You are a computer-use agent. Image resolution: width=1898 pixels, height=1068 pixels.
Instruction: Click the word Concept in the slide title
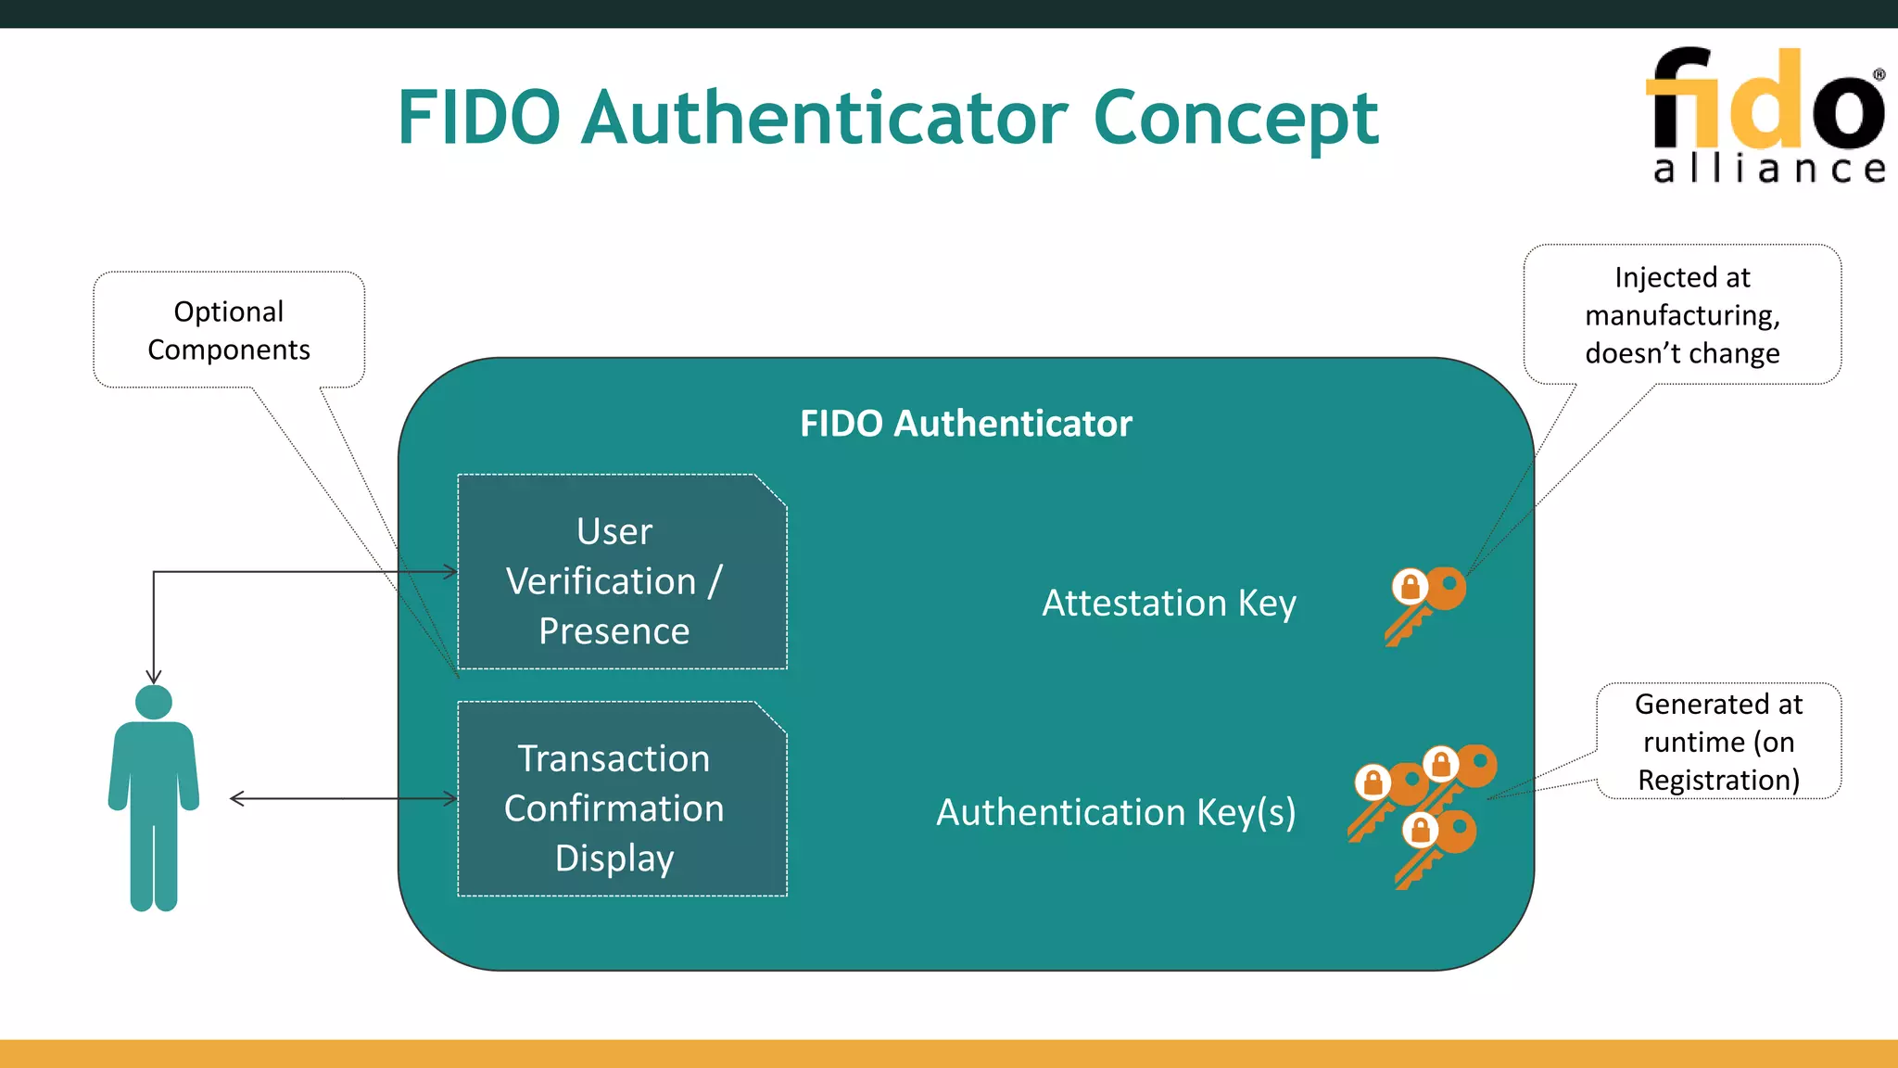tap(1235, 120)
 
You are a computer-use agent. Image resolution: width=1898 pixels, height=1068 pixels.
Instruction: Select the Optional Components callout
tap(229, 330)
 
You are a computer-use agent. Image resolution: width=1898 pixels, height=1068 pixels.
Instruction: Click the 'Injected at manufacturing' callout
tap(1682, 315)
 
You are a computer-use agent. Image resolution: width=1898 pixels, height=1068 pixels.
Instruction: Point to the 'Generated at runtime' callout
tap(1718, 742)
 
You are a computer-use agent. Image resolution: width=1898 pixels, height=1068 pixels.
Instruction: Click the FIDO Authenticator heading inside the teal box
tap(966, 424)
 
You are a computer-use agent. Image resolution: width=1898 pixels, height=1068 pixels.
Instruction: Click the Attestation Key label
tap(1169, 604)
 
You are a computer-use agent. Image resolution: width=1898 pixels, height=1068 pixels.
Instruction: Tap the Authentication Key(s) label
tap(1116, 812)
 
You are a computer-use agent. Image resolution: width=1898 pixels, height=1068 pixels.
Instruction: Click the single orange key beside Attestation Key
tap(1426, 604)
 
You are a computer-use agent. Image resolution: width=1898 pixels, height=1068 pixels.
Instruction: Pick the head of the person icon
tap(154, 702)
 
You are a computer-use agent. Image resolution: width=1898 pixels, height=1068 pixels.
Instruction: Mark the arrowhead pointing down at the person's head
tap(154, 678)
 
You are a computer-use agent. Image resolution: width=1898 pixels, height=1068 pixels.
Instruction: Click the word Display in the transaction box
tap(614, 858)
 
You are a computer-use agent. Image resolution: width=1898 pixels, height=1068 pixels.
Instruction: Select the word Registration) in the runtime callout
tap(1718, 781)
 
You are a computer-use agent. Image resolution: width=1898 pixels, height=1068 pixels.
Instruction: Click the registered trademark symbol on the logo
tap(1879, 74)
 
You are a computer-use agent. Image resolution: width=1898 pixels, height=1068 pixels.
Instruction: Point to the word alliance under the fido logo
tap(1768, 169)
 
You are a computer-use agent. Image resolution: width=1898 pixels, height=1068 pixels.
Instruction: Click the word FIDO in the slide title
tap(479, 120)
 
